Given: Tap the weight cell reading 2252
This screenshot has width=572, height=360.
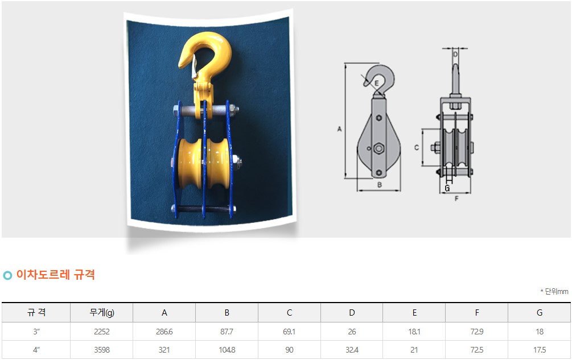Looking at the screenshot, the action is [102, 332].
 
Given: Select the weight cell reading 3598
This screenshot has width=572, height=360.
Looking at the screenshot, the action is [102, 350].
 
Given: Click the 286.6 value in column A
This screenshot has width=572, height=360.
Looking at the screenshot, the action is [164, 332].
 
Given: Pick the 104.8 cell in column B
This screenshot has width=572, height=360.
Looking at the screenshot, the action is [227, 350].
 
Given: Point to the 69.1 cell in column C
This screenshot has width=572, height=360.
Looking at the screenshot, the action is [289, 332].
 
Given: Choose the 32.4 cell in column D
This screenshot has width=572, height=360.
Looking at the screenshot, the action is [352, 350].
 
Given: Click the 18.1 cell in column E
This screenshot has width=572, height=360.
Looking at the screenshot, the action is [414, 332].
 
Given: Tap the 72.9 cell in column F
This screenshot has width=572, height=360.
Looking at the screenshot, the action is [477, 332].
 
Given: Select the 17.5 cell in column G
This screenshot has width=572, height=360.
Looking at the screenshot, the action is [540, 350].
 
